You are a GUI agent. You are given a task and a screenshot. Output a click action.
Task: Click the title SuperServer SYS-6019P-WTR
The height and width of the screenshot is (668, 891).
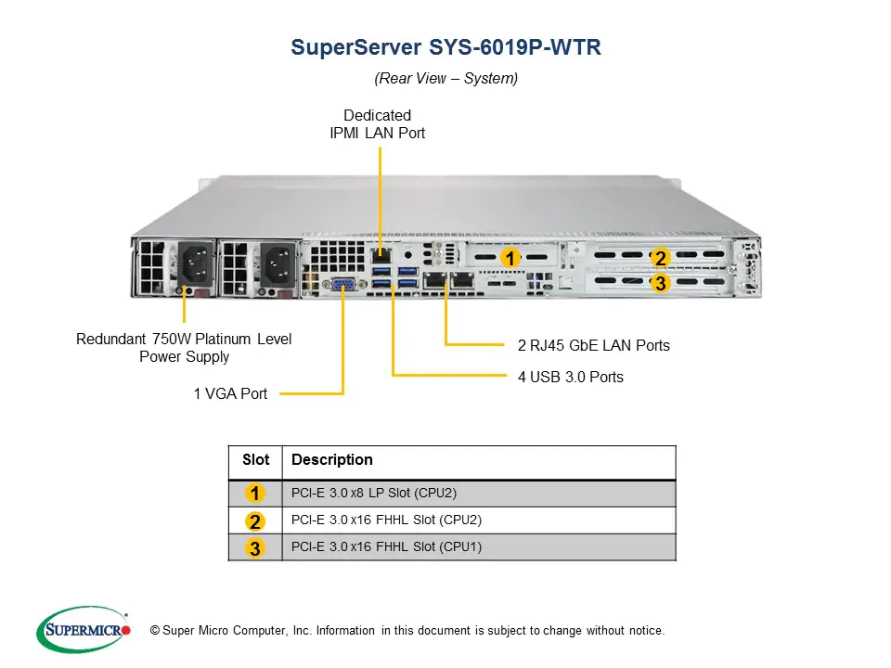coord(445,47)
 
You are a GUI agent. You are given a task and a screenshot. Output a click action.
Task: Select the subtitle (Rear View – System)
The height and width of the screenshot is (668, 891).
coord(445,79)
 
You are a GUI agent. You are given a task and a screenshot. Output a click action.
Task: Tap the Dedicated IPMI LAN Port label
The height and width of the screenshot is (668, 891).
coord(377,124)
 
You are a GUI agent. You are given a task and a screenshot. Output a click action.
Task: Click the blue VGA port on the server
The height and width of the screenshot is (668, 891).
coord(342,286)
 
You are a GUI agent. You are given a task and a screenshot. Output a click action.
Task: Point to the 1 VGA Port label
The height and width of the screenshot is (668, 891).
coord(230,393)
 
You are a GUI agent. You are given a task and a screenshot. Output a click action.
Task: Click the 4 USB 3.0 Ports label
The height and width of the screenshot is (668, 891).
coord(570,377)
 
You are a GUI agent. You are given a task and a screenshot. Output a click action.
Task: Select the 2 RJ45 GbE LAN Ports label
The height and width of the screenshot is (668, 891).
coord(593,345)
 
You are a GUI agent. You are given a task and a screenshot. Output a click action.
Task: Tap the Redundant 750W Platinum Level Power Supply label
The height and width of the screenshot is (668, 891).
coord(184,348)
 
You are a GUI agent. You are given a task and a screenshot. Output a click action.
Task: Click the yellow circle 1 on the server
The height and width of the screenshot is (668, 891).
coord(510,256)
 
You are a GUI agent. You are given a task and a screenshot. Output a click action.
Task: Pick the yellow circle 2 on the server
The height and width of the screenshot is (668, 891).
coord(660,258)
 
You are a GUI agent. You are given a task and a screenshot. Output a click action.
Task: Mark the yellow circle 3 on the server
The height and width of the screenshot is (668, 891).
coord(660,284)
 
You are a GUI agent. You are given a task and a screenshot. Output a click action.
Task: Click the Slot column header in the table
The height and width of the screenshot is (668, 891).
coord(255,460)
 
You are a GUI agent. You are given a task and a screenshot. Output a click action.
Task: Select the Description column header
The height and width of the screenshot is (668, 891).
coord(332,460)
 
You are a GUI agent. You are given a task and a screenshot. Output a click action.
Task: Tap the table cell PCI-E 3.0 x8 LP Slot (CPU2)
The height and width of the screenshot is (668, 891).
coord(374,494)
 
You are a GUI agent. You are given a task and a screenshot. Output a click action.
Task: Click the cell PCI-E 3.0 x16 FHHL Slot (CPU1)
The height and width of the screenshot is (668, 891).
coord(386,546)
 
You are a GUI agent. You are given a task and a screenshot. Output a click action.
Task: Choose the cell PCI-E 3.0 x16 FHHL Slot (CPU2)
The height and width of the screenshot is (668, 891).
coord(386,520)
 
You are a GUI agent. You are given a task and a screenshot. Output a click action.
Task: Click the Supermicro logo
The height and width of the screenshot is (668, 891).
coord(84,630)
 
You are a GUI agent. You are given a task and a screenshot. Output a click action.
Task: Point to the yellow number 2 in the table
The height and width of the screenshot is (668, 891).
coord(254,520)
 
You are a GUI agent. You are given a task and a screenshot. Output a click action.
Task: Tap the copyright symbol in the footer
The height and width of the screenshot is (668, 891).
coord(155,631)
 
